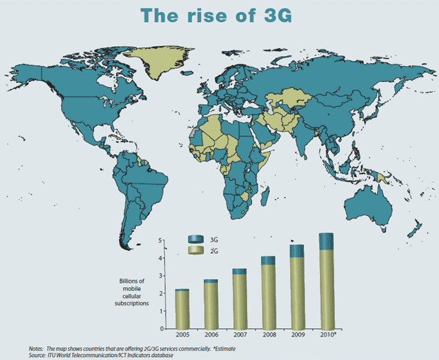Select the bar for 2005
coord(181,310)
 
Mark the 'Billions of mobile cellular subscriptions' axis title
coord(132,292)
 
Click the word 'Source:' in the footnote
coord(38,354)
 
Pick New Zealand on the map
coord(417,228)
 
